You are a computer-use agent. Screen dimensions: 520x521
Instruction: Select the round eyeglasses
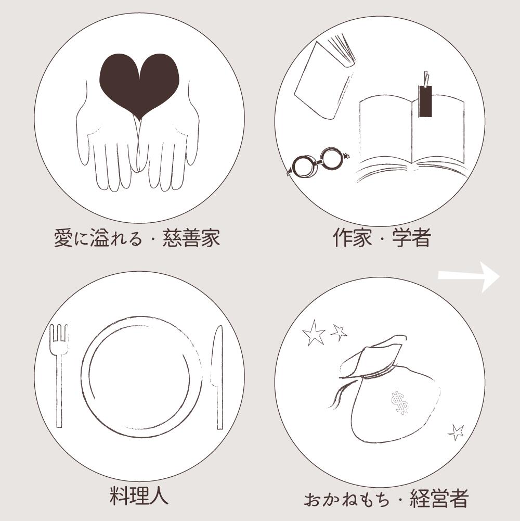click(318, 163)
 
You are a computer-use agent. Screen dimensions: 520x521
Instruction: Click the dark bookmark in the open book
click(425, 98)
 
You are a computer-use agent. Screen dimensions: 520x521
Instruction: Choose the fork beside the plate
click(59, 375)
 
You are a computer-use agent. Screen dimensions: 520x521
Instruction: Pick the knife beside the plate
click(218, 377)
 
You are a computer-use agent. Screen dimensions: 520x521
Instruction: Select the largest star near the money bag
click(314, 333)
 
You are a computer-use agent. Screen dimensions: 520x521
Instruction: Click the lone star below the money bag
click(456, 433)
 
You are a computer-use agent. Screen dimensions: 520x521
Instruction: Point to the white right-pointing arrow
click(469, 276)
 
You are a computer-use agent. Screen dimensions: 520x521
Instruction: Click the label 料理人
click(139, 495)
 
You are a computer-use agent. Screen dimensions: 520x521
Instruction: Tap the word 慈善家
click(191, 237)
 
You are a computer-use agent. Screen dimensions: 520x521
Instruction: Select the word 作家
click(353, 237)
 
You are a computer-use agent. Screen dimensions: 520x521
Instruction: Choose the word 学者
click(411, 237)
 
